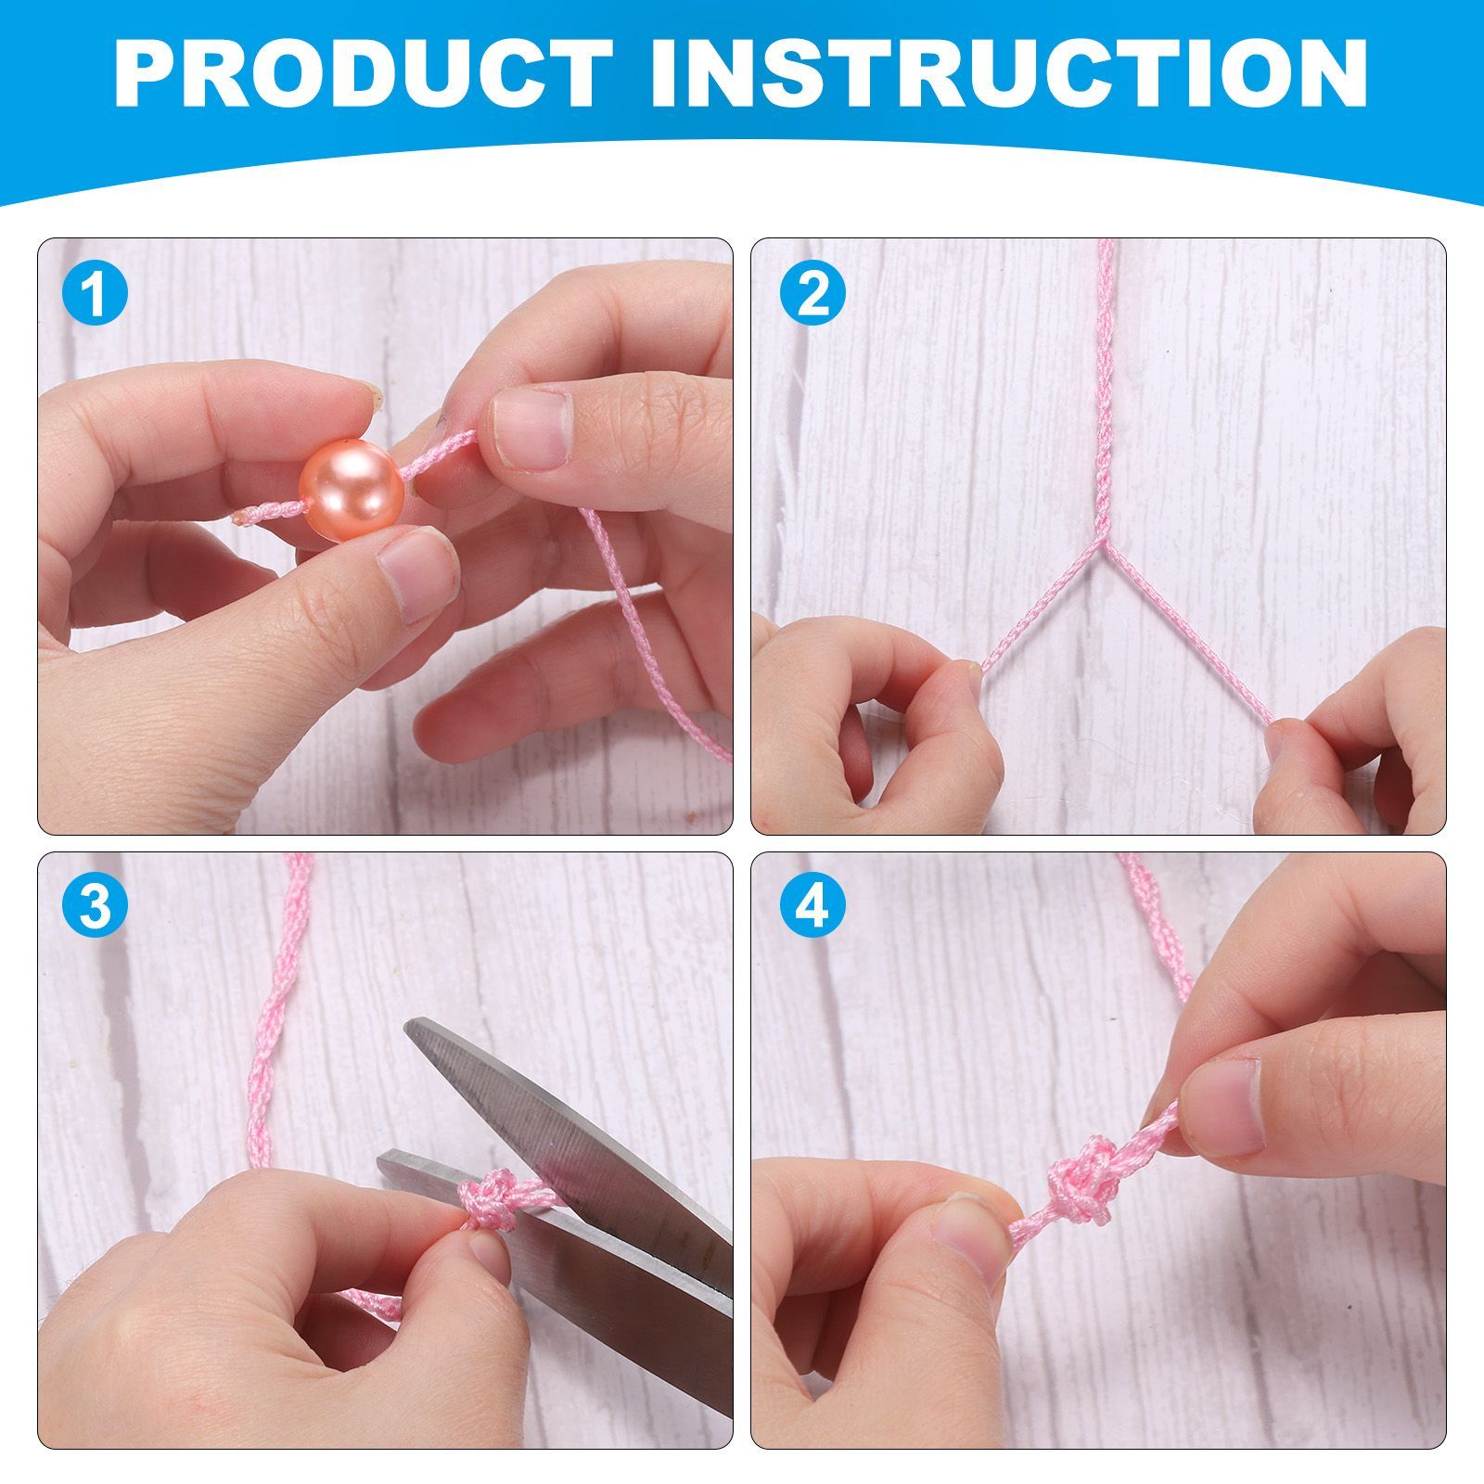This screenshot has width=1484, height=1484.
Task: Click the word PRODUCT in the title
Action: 363,73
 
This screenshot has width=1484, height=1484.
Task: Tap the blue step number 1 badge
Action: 94,295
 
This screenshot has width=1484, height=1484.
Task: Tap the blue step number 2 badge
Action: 813,295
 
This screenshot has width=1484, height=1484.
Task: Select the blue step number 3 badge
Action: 94,906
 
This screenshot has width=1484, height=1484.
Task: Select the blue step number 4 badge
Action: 813,906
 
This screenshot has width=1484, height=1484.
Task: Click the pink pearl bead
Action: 351,490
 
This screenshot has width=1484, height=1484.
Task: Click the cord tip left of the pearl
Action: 243,516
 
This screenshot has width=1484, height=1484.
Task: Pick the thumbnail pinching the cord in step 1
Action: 529,427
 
